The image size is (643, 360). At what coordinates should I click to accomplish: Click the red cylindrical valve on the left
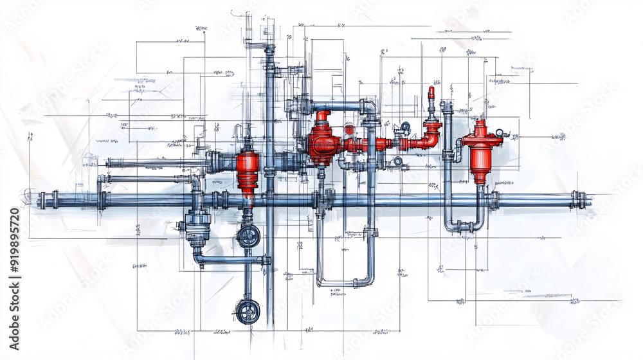(248, 170)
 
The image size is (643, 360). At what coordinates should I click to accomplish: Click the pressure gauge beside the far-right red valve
(500, 133)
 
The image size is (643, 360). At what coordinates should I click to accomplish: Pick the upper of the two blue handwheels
(248, 237)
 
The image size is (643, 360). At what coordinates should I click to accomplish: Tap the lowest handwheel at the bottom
(248, 312)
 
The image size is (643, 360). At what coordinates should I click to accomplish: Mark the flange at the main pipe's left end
(42, 200)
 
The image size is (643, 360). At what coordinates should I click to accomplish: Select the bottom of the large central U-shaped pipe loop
(344, 283)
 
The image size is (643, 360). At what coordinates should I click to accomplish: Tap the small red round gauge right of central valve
(349, 129)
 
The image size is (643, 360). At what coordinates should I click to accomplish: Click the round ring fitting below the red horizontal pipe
(398, 161)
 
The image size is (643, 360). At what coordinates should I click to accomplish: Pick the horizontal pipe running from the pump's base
(231, 260)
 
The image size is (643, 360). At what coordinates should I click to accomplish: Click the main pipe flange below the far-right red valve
(494, 199)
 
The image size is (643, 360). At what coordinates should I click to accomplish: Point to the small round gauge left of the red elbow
(406, 126)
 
